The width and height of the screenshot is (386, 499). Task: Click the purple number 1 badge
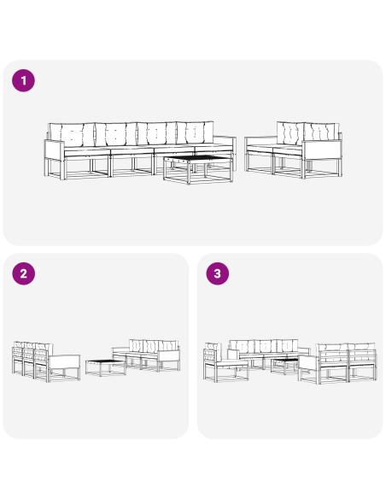pyautogui.click(x=24, y=80)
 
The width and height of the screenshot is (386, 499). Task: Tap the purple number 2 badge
pyautogui.click(x=24, y=273)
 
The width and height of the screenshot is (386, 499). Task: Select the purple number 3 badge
pyautogui.click(x=218, y=273)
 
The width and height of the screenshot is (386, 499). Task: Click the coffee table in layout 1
pyautogui.click(x=198, y=170)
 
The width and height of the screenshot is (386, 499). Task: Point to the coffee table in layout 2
pyautogui.click(x=106, y=367)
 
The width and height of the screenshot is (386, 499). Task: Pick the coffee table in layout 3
pyautogui.click(x=285, y=366)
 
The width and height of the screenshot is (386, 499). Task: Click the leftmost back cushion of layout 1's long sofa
pyautogui.click(x=72, y=134)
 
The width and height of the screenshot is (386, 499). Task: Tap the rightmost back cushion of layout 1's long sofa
pyautogui.click(x=196, y=132)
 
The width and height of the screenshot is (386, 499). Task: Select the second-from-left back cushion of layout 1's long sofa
pyautogui.click(x=116, y=133)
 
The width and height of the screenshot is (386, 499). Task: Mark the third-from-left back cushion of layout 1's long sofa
pyautogui.click(x=157, y=133)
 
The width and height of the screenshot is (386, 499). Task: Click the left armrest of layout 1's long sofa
pyautogui.click(x=55, y=150)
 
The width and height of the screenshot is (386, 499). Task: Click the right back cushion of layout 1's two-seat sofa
pyautogui.click(x=321, y=133)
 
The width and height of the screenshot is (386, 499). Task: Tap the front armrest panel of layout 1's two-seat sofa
pyautogui.click(x=321, y=150)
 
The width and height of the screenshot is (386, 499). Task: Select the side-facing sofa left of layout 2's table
pyautogui.click(x=46, y=361)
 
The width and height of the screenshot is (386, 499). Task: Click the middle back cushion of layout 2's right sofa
pyautogui.click(x=152, y=346)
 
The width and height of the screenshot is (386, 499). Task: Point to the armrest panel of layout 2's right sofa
pyautogui.click(x=168, y=355)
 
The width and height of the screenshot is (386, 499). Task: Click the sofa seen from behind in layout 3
pyautogui.click(x=338, y=363)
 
